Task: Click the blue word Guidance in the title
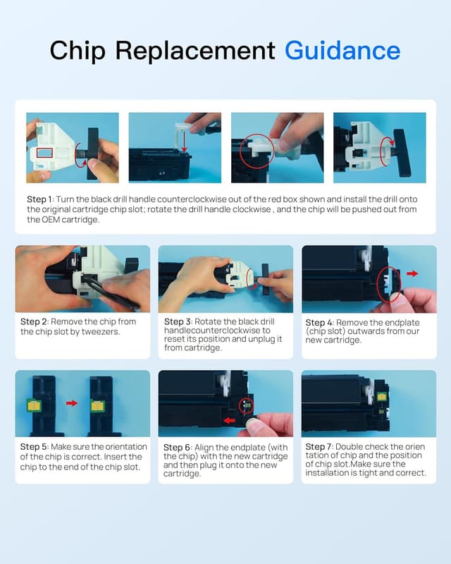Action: coord(342,50)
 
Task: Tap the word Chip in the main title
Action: coord(78,51)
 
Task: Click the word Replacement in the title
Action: coord(195,51)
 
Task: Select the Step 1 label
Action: coord(39,200)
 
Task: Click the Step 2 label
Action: coord(34,321)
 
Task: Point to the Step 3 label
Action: coord(178,321)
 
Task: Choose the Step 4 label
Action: coord(319,323)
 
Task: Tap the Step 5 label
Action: coord(34,447)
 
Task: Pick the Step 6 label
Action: coord(177,448)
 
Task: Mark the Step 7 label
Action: coord(319,447)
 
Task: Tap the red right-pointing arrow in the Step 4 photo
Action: coord(412,274)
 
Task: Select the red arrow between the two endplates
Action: coord(72,403)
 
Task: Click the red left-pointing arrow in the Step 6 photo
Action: coord(230,420)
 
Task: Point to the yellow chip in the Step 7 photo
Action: coord(381,397)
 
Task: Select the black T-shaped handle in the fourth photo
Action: coord(402,152)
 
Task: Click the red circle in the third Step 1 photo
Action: coord(239,151)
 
